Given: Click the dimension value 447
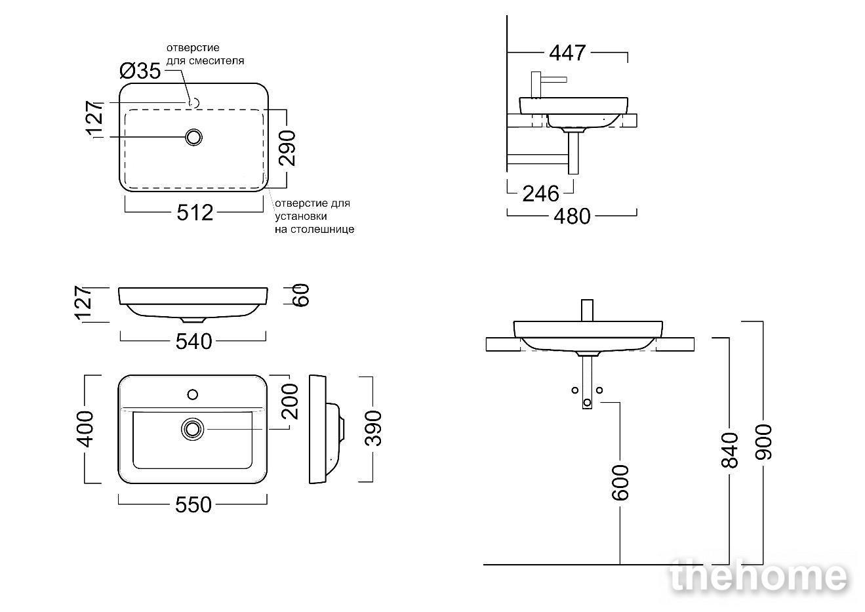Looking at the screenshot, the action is [x=567, y=53].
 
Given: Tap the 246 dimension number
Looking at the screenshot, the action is [x=540, y=194].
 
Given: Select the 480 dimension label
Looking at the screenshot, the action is [x=573, y=216].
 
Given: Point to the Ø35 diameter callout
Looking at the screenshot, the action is [x=140, y=71].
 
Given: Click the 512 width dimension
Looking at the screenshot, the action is [x=195, y=213].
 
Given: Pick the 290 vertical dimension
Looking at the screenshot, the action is [x=287, y=148].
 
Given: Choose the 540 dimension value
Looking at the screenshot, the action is [x=194, y=342].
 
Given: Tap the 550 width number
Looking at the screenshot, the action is [x=193, y=504].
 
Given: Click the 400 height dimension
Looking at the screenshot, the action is [x=86, y=429].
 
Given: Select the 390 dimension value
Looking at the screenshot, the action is [x=374, y=428].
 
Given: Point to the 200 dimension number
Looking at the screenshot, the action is [x=290, y=401].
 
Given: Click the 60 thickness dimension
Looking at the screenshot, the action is [x=302, y=295].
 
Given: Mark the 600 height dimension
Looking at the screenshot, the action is [x=620, y=483].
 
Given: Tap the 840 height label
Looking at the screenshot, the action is [x=730, y=450].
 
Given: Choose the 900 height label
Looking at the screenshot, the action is [x=763, y=442].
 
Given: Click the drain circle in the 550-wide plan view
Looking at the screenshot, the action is [x=192, y=429].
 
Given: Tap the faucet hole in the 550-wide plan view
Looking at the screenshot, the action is [x=193, y=394].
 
